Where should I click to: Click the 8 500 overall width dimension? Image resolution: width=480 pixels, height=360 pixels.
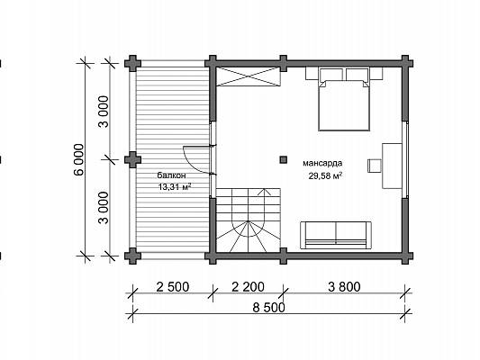coord(268,308)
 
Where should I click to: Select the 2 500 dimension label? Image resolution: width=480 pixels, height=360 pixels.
coord(173,287)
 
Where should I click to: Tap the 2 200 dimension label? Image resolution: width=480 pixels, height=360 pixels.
coord(248,287)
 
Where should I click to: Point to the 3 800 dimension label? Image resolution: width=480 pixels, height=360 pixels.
coord(344,287)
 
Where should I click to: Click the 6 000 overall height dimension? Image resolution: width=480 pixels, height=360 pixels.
coord(78,159)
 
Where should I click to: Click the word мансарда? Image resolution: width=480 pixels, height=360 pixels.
coord(322,163)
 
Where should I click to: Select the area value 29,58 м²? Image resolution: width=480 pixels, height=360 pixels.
coord(324,176)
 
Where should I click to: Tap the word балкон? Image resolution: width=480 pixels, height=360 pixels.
coord(171,175)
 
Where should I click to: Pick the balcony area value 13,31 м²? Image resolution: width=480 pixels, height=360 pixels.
coord(175,186)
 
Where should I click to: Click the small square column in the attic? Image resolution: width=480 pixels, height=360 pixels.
coord(284,159)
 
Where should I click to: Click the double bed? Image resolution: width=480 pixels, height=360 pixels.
coord(344,99)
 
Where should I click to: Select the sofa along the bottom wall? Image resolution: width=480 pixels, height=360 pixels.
coord(336,235)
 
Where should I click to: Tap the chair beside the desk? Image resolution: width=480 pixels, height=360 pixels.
coord(375,166)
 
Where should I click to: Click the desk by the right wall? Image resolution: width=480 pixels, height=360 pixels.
coord(392,166)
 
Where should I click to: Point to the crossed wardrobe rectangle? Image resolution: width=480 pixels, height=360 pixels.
coord(249,76)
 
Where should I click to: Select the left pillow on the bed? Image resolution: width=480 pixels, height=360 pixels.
coord(331,75)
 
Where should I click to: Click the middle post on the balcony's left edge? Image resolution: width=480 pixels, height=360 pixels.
coord(133,159)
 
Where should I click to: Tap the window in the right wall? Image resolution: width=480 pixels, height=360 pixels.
coord(405,159)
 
